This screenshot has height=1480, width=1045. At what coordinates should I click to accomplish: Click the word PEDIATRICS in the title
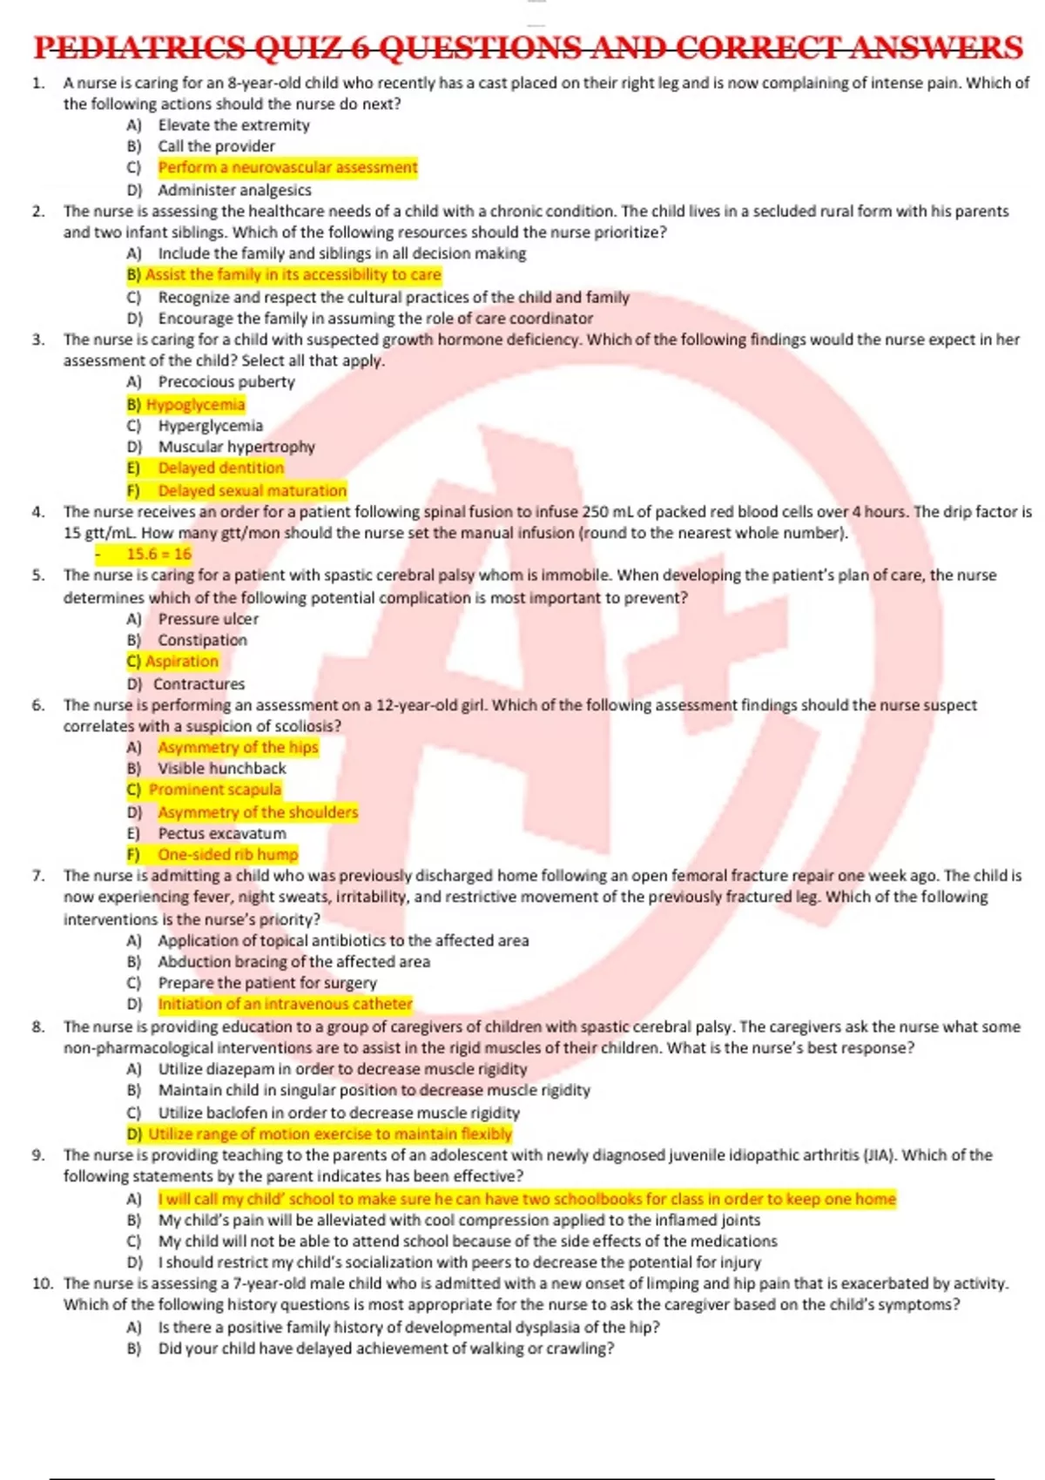(x=139, y=47)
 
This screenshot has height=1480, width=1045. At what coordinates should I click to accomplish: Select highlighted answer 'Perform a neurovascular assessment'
(x=287, y=167)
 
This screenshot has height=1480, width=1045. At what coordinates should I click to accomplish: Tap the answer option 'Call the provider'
(x=216, y=146)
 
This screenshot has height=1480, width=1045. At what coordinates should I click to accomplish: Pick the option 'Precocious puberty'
(x=226, y=382)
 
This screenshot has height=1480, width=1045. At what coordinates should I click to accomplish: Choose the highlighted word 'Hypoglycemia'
(x=195, y=405)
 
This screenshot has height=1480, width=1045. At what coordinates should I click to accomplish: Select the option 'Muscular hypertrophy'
(x=236, y=447)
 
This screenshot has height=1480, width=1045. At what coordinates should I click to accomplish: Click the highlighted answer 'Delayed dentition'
(x=220, y=468)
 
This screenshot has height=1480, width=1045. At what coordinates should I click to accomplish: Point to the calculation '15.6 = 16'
(x=158, y=554)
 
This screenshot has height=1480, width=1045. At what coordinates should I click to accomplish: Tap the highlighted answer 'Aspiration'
(x=181, y=662)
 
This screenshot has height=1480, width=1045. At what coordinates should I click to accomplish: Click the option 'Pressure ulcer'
(x=208, y=619)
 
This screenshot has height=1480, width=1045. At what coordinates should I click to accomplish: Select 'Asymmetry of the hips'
(x=238, y=748)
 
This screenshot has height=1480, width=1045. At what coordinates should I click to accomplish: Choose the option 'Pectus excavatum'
(x=221, y=833)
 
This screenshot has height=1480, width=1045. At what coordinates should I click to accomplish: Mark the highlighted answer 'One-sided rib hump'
(x=227, y=855)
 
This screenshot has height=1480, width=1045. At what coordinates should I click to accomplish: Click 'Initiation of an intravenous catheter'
(x=285, y=1004)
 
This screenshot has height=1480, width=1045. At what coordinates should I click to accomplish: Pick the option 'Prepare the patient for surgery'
(x=267, y=983)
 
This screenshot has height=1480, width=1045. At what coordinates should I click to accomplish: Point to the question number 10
(x=43, y=1283)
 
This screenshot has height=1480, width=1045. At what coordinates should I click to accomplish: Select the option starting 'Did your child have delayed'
(x=386, y=1349)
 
